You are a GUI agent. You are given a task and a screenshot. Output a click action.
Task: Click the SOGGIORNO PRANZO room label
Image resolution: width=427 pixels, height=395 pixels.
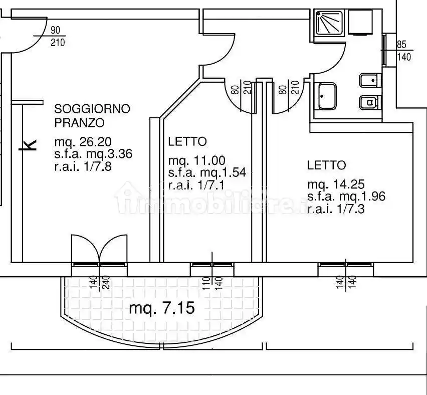85,115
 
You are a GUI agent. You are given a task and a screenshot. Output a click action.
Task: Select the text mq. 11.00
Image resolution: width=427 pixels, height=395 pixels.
196,160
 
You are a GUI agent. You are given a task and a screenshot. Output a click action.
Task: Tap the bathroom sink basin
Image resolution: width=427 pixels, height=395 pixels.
327,96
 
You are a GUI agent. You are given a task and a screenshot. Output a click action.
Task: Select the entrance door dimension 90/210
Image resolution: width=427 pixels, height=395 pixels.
58,36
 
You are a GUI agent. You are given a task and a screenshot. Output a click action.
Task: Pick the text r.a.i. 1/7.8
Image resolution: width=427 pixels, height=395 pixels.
83,166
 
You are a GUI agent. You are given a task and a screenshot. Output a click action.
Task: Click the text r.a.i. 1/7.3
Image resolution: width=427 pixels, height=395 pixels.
336,209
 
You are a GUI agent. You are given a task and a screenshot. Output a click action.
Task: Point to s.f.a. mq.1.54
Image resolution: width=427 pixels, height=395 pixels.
206,173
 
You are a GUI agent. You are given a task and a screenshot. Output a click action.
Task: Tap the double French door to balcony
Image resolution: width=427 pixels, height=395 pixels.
98,249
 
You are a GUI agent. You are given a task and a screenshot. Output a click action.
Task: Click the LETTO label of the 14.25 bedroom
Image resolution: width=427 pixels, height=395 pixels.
327,165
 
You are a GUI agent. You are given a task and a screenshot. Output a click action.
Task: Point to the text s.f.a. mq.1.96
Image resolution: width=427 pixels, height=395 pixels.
346,196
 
